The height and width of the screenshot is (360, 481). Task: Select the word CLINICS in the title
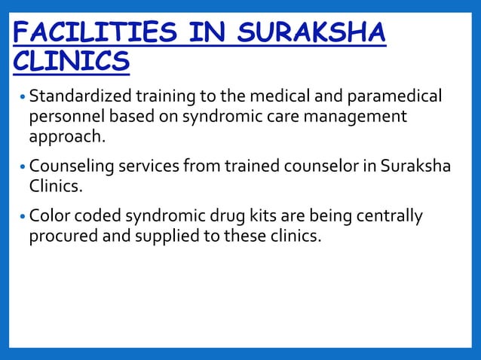(71, 63)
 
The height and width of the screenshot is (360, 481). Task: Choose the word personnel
(65, 118)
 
